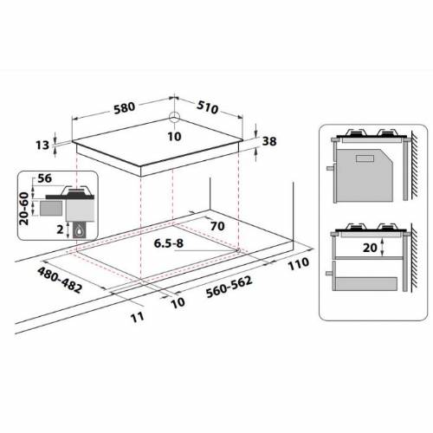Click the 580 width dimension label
(x=125, y=107)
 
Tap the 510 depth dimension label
(x=208, y=107)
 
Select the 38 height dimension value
(x=269, y=141)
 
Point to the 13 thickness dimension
(x=42, y=145)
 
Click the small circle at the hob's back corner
(x=174, y=116)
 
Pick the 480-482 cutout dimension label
(x=60, y=280)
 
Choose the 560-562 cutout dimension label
(x=229, y=287)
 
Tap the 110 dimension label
(x=299, y=263)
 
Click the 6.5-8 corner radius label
(x=169, y=243)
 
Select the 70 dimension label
(x=217, y=226)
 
